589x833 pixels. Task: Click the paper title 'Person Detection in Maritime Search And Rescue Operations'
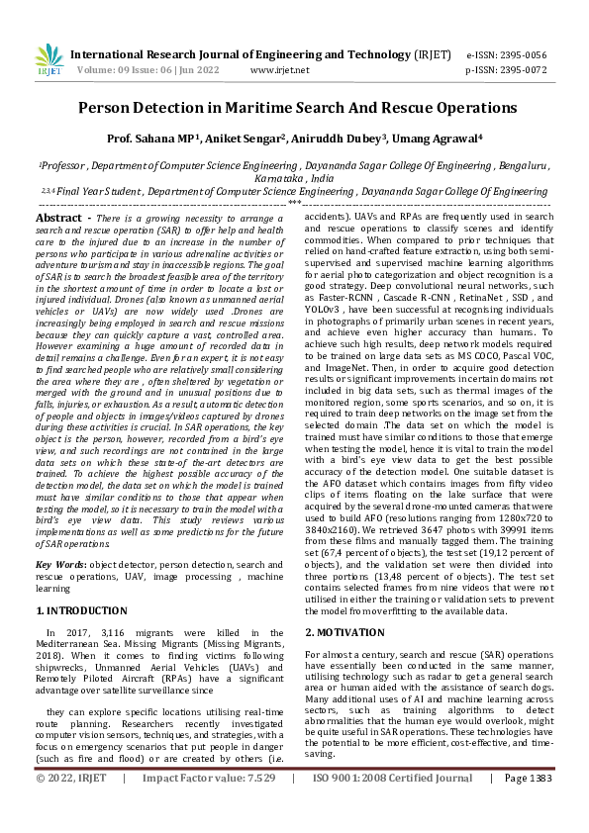tap(297, 107)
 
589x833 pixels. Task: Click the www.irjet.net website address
tap(280, 70)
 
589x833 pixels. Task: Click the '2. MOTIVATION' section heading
tap(344, 631)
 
